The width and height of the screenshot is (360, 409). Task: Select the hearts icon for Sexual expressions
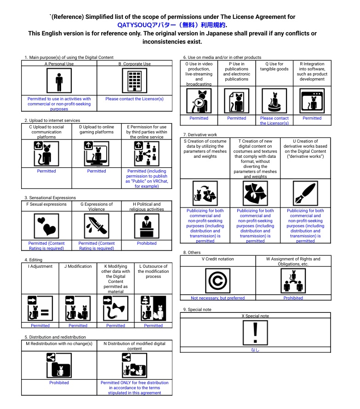[x=46, y=226]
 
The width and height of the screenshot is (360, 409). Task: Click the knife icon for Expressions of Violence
[x=97, y=226]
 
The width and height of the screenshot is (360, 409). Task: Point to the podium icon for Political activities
[x=147, y=226]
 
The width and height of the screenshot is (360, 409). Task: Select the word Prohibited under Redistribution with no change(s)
[x=59, y=383]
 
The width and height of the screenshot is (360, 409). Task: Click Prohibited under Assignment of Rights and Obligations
[x=293, y=298]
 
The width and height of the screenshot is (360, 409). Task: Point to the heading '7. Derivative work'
[x=200, y=134]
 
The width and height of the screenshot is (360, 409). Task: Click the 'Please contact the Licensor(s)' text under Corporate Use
[x=134, y=99]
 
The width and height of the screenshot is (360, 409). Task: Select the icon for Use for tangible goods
[x=274, y=101]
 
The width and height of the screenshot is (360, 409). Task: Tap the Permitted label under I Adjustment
[x=40, y=326]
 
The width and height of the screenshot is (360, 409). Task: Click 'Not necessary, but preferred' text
[x=217, y=298]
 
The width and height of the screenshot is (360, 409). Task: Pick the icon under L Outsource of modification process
[x=153, y=309]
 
